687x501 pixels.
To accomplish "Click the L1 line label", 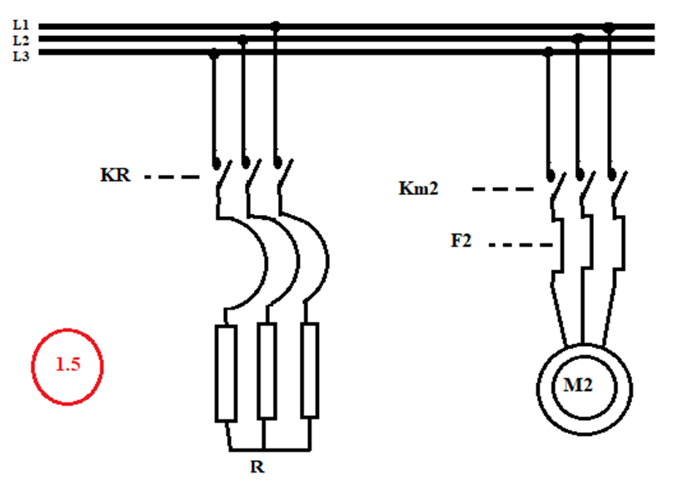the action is coord(21,25).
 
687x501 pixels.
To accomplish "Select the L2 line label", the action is coord(21,40).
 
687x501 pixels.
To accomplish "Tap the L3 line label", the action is coord(21,56).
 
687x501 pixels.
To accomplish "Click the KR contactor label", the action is coord(115,174).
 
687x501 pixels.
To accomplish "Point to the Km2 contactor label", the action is coord(418,188).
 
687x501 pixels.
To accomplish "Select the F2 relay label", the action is coord(461,240).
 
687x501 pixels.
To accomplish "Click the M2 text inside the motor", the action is coord(578,385).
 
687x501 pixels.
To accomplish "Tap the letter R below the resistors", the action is coord(257,467).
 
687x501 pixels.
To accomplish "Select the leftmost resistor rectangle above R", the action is coord(226,373).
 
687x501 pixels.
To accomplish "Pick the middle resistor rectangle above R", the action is coord(266,371).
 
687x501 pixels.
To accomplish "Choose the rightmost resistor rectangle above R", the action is coord(310,370).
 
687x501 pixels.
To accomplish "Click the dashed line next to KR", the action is coord(172,177).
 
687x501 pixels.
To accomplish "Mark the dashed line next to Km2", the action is coord(502,189).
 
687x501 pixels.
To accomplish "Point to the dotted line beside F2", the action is coord(520,245).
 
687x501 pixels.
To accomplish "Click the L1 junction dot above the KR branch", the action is coord(275,27).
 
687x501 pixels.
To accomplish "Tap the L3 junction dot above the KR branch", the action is coord(214,54).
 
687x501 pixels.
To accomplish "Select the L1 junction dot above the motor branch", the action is coord(609,28).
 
